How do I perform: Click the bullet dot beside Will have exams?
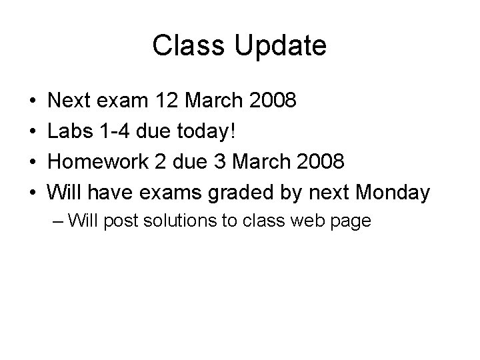(x=33, y=193)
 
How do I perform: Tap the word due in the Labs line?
(x=154, y=131)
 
